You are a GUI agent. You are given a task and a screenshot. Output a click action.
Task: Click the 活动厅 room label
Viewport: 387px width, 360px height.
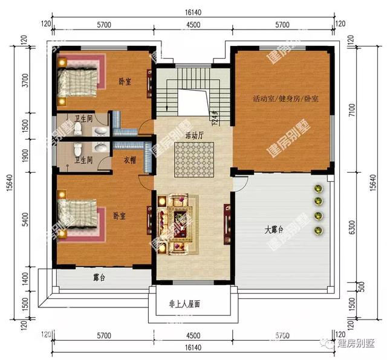click(x=193, y=134)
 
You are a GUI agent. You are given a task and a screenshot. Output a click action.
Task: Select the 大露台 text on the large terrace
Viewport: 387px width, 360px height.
click(x=273, y=230)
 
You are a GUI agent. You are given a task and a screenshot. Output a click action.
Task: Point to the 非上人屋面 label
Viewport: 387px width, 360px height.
click(x=184, y=305)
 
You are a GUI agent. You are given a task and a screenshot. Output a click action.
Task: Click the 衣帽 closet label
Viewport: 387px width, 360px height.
click(x=129, y=160)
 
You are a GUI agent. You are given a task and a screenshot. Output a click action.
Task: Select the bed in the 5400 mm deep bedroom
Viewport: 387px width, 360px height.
click(x=77, y=214)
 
